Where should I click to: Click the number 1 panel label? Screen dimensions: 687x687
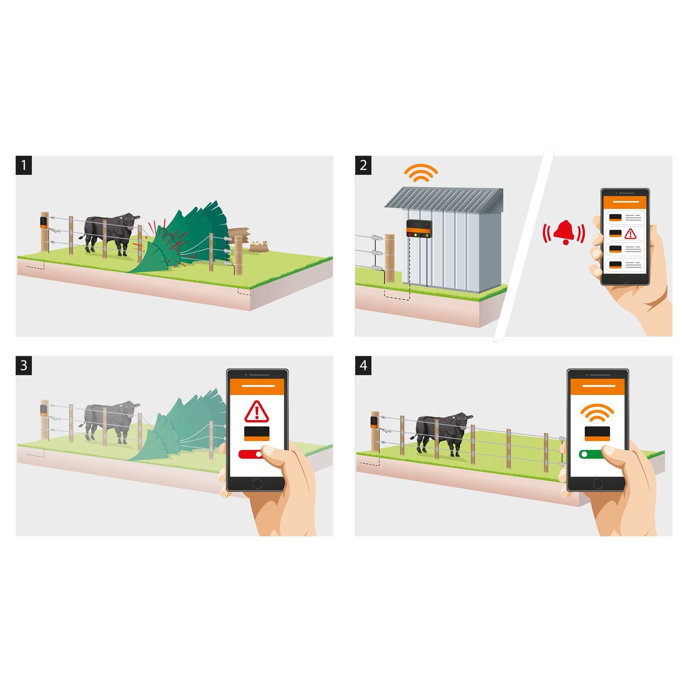(24, 165)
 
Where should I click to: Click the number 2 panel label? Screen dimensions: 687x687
(363, 165)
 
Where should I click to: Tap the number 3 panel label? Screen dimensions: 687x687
(24, 365)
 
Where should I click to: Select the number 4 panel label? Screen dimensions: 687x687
(363, 365)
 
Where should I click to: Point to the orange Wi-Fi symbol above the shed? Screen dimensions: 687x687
(421, 173)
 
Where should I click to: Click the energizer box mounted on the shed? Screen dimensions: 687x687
(419, 229)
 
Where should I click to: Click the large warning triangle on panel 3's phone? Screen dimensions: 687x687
(257, 412)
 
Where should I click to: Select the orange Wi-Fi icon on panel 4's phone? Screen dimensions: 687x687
(597, 413)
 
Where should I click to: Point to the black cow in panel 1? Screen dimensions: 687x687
(110, 233)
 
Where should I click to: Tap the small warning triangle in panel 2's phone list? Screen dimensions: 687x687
(630, 233)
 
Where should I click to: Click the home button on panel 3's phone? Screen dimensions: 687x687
(257, 484)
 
